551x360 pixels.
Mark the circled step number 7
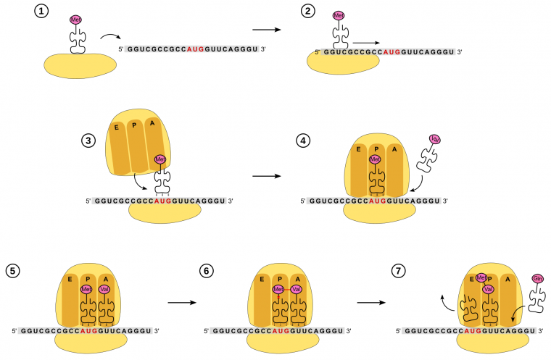(x=397, y=271)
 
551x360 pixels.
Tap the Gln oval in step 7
(x=537, y=279)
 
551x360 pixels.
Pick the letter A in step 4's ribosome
(x=394, y=149)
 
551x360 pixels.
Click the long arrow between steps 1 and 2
(x=268, y=30)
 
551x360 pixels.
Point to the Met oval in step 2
(x=339, y=15)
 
